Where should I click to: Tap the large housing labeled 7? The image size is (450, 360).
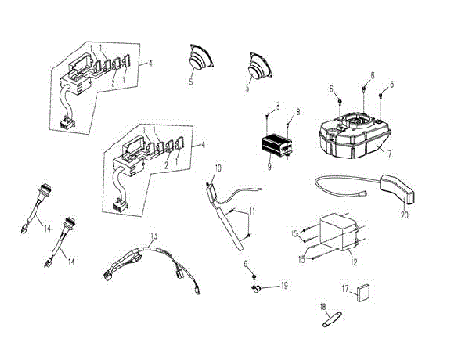click(352, 136)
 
